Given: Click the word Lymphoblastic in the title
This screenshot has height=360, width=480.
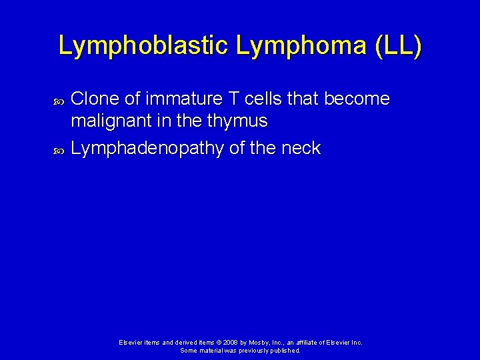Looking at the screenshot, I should [143, 46].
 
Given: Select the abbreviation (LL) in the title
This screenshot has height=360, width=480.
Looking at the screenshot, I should [399, 46].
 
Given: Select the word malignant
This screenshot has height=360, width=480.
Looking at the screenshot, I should [111, 122].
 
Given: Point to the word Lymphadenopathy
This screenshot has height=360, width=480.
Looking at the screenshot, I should [146, 149].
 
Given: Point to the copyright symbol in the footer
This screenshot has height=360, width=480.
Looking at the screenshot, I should [207, 342].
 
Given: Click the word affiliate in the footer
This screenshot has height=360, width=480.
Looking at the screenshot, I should [306, 342].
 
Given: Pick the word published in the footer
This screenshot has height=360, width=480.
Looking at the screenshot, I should [286, 350].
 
